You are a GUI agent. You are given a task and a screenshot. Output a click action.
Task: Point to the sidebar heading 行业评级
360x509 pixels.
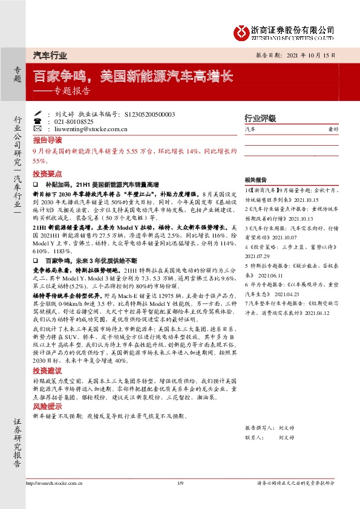tap(260, 118)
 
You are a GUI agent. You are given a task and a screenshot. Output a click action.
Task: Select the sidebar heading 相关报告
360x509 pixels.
tap(256, 180)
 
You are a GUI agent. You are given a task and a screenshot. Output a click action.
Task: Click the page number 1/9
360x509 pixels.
tap(180, 483)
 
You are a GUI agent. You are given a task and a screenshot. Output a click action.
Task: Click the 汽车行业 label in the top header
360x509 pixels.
tap(49, 55)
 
